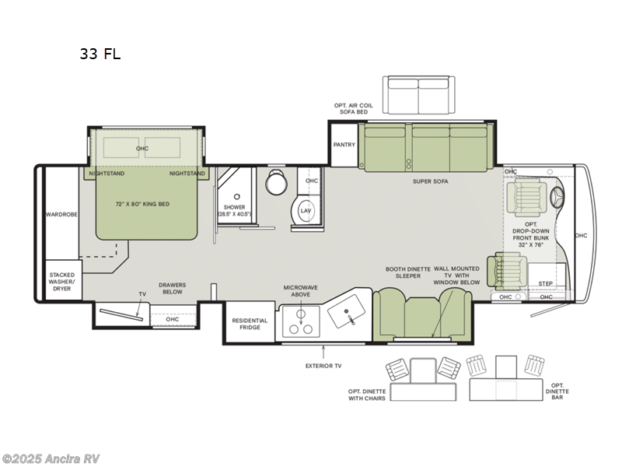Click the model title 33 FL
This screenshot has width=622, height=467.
point(100,54)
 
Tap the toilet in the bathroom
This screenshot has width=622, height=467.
point(275,184)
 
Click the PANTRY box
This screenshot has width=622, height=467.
point(344,145)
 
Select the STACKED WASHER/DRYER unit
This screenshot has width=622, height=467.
point(62,280)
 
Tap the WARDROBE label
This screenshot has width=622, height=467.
point(61,214)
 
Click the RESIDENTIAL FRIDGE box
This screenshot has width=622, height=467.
point(250,325)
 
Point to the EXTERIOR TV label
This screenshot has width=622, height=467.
point(323,365)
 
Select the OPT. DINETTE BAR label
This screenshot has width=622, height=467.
point(557,391)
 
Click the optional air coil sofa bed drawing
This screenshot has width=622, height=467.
point(419,92)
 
